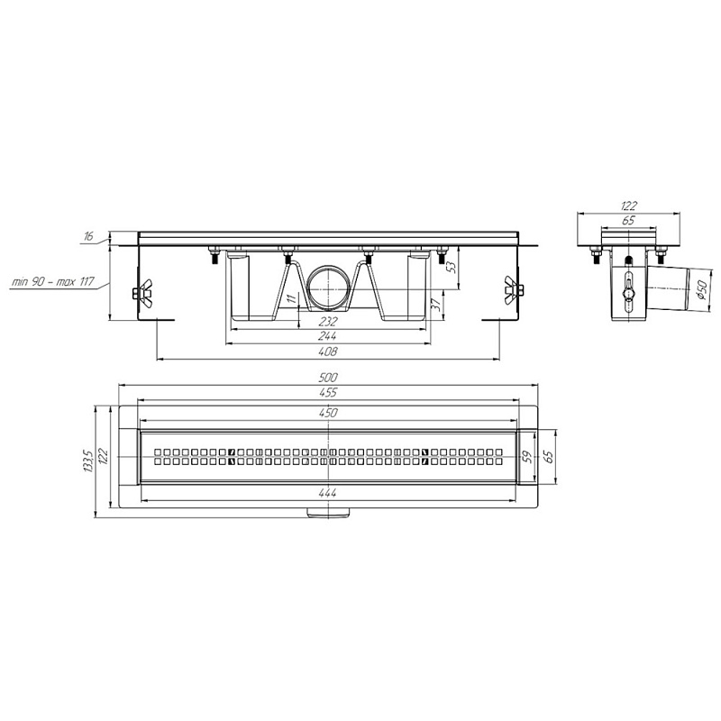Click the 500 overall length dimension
click(328, 378)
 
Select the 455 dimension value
click(328, 392)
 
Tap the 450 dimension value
click(328, 413)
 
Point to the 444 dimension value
click(327, 492)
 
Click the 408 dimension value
click(328, 351)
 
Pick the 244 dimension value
click(327, 336)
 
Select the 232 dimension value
click(327, 322)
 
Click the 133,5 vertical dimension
click(89, 461)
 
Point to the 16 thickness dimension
click(88, 236)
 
